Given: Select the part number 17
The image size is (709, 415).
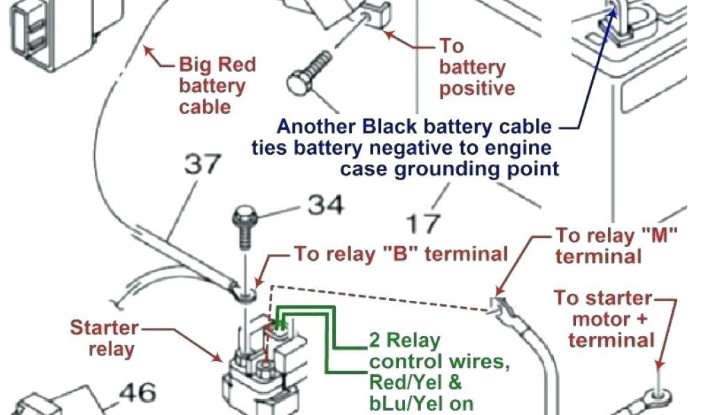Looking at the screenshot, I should point(422,223).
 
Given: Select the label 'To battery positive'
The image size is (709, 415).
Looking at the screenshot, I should point(476,68).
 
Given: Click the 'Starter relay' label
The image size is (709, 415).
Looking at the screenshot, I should point(104,338).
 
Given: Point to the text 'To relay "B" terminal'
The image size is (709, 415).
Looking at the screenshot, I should point(401,254).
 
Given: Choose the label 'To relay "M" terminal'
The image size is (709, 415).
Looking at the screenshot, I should point(615,246).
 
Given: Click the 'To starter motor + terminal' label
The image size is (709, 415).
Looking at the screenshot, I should point(604,320).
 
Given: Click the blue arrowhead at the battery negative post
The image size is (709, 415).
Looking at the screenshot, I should point(611,12).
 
